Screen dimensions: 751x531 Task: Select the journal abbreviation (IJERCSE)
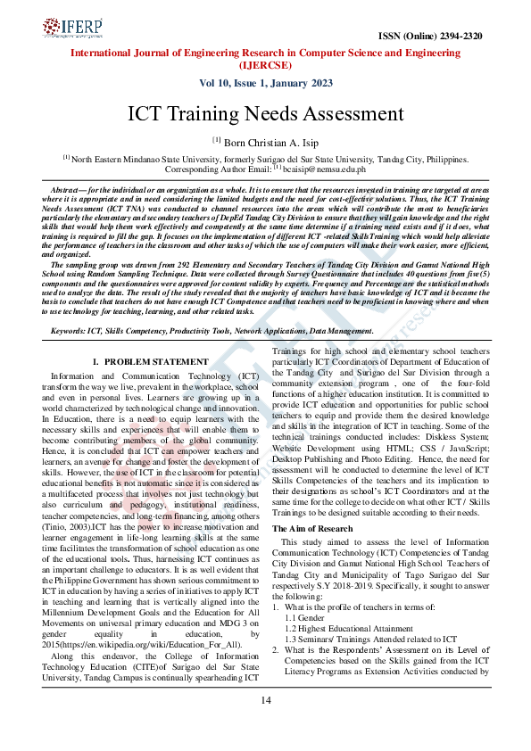click(265, 65)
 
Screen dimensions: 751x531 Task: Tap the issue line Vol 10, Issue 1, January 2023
click(265, 83)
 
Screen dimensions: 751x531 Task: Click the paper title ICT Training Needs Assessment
click(265, 114)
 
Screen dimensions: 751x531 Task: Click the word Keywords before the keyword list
click(70, 331)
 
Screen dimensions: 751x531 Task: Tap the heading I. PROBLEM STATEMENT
click(150, 361)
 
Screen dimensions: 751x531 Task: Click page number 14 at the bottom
click(265, 724)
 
